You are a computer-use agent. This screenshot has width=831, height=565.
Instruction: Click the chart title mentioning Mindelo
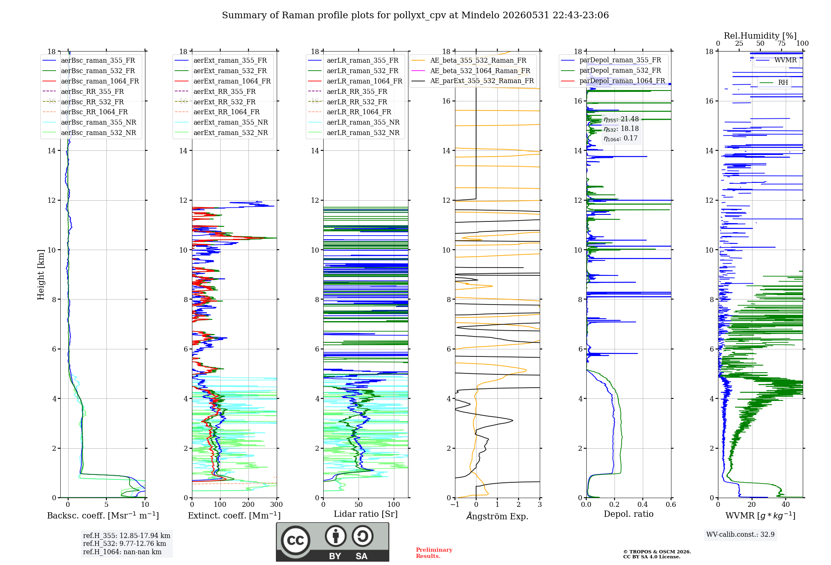tap(415, 15)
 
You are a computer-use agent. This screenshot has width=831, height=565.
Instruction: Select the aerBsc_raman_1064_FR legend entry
tap(91, 81)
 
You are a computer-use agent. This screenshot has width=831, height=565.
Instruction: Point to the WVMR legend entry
tap(776, 60)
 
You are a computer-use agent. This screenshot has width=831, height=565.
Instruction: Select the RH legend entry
tap(773, 82)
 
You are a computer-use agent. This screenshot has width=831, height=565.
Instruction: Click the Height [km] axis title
tap(41, 275)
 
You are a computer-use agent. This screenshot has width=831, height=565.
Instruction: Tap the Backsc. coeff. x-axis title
tap(103, 516)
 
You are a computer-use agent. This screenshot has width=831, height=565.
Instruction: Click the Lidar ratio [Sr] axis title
tap(366, 514)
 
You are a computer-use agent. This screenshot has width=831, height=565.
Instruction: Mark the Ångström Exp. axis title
tap(497, 516)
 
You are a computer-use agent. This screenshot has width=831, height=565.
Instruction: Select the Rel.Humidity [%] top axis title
tap(760, 36)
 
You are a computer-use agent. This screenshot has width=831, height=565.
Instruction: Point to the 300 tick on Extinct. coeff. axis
tap(276, 504)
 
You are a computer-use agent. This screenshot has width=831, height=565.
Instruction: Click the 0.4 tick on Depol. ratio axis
tap(642, 504)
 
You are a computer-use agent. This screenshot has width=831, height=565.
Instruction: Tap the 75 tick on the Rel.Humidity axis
tap(782, 43)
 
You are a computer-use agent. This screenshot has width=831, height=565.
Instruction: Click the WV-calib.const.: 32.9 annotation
tap(740, 534)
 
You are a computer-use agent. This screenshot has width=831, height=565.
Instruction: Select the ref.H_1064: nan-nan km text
tap(122, 552)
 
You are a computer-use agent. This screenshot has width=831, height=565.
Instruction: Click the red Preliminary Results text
tap(434, 553)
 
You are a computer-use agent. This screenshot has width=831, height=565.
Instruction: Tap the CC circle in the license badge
tap(295, 540)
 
